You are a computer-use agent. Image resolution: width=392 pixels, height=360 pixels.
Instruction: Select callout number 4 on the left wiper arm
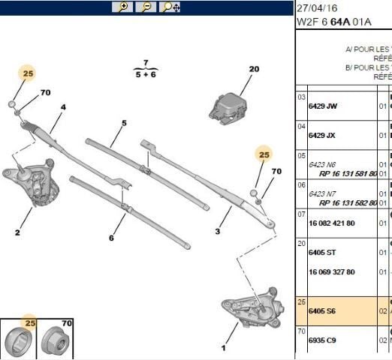click(x=63, y=107)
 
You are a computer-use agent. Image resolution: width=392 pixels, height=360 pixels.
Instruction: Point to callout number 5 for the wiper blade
click(x=124, y=122)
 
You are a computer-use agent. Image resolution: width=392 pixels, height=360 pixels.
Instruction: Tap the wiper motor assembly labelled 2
click(x=36, y=181)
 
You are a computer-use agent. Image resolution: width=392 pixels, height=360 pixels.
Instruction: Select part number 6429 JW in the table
click(x=324, y=106)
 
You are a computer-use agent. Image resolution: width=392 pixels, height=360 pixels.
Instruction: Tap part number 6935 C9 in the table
click(x=324, y=339)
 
